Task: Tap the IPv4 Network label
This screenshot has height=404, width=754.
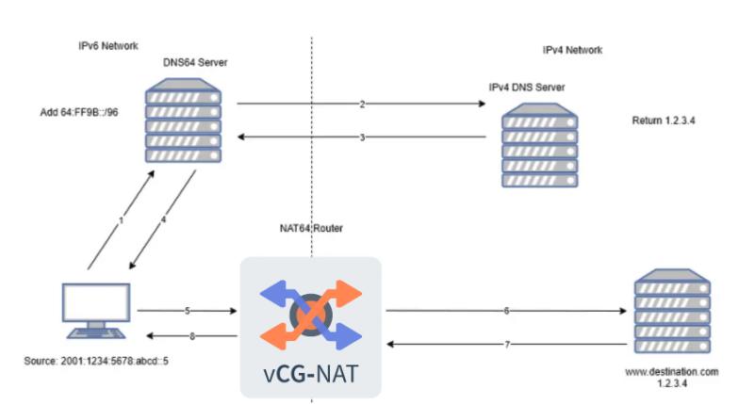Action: coord(572,50)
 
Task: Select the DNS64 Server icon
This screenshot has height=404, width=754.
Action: coord(184,122)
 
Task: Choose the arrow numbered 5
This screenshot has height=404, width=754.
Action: coord(186,310)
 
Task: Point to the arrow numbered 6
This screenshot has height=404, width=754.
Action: coord(506,310)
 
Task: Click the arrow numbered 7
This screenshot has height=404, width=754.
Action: coord(506,345)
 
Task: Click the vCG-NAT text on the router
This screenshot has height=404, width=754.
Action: coord(309,373)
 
